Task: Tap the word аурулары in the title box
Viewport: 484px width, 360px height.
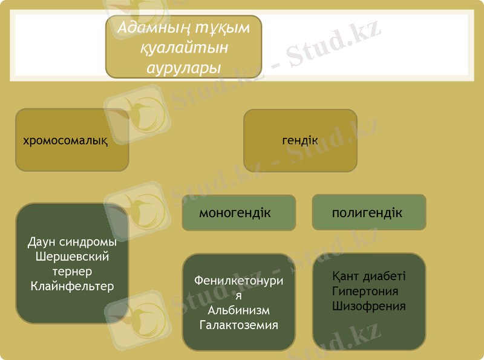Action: coord(183,67)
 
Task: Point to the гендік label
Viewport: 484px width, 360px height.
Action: coord(299,140)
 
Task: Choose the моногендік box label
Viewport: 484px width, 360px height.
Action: coord(235,213)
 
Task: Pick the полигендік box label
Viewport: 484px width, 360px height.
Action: coord(367,213)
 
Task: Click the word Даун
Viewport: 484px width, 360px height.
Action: coord(42,243)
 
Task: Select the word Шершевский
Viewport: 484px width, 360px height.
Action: coord(72,257)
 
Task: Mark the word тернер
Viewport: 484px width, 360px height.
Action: coord(72,271)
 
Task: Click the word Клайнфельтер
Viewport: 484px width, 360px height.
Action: coord(72,286)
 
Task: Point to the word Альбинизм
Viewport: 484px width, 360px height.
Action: coord(238,310)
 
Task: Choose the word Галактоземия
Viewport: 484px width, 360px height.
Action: coord(238,325)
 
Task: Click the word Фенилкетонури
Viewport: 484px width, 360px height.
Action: coord(238,281)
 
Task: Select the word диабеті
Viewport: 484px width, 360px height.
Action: coord(384,277)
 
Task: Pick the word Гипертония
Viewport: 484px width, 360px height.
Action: coord(365,291)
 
